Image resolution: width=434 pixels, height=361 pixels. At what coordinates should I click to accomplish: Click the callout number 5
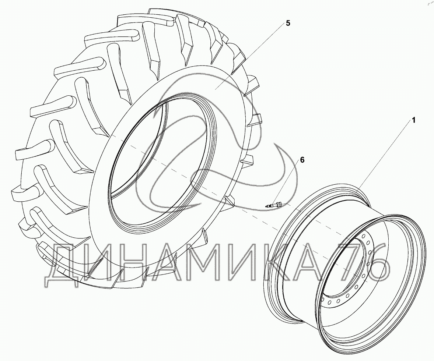tap(288, 23)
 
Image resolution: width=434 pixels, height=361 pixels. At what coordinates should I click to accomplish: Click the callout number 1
tap(414, 120)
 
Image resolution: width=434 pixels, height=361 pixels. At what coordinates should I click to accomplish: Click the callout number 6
tap(302, 160)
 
